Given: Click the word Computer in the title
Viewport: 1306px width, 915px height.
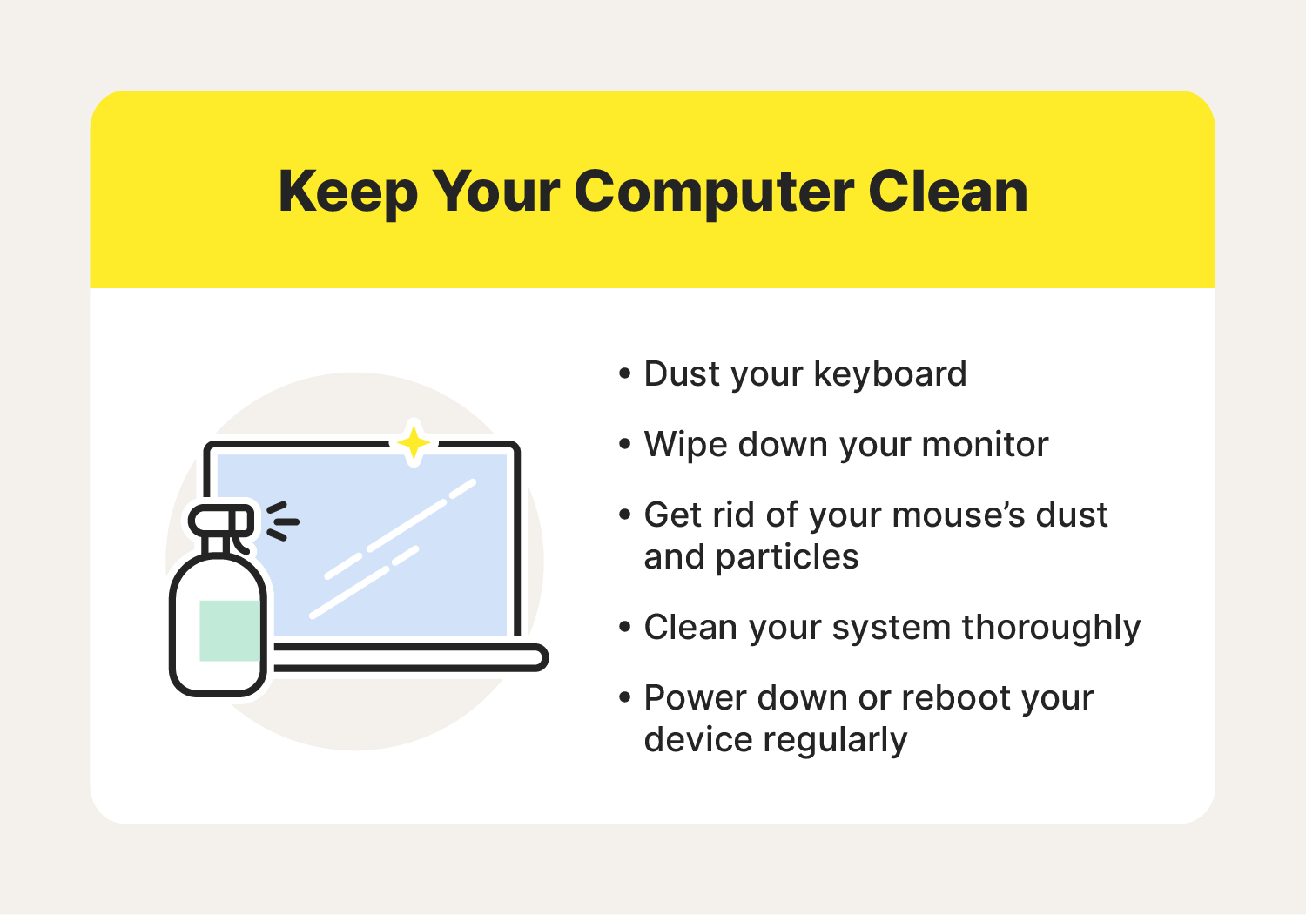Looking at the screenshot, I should tap(713, 192).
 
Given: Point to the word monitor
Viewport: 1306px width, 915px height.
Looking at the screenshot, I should tap(985, 445).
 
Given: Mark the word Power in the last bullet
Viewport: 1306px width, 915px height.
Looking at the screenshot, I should tap(696, 698).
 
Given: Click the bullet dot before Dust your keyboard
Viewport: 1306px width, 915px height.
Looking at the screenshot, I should tap(624, 374).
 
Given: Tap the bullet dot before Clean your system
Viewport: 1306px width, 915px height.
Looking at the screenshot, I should tap(624, 628).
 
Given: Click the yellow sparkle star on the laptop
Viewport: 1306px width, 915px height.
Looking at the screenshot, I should tap(414, 443).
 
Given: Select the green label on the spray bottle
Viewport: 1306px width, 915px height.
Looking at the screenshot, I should tap(230, 630).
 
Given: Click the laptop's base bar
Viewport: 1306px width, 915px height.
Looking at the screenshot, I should tap(409, 657).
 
